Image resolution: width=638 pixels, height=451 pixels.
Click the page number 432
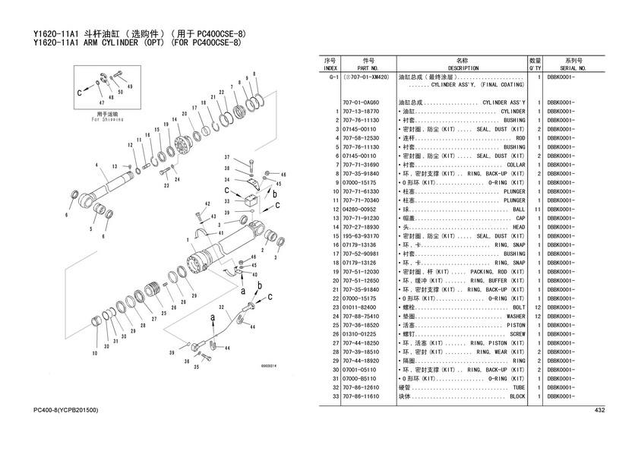(599, 411)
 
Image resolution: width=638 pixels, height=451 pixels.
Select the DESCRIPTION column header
(463, 68)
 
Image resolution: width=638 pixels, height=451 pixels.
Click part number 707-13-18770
(361, 112)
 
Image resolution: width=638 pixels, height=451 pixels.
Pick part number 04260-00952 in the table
(360, 210)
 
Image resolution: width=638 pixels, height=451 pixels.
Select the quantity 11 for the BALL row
(536, 210)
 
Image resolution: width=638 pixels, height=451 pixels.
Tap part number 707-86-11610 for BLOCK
(361, 396)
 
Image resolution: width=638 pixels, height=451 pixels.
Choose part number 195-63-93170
(361, 236)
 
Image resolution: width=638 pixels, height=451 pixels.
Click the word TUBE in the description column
(518, 387)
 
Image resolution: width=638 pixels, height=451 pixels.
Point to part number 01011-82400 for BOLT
(361, 307)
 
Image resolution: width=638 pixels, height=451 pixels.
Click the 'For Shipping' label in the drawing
(106, 119)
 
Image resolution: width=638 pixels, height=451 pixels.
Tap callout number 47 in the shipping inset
(101, 102)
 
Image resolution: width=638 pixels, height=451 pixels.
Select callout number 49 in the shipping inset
(130, 87)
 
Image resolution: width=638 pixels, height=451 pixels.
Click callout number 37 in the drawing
(226, 157)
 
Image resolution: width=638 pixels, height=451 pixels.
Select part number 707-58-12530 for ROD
(361, 138)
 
